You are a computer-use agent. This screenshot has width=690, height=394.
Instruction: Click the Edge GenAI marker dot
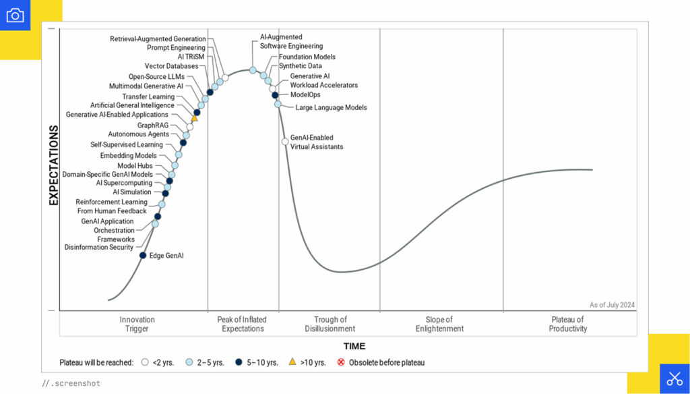[143, 255]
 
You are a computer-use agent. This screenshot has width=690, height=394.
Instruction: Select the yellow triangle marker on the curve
[194, 119]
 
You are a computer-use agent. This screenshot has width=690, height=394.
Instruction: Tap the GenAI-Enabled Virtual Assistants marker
[285, 142]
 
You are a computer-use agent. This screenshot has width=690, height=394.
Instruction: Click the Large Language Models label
[332, 107]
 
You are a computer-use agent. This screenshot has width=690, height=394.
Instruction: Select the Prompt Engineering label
[176, 48]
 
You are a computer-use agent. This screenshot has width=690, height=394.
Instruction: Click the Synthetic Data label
[301, 66]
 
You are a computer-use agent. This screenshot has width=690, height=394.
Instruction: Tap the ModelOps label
[305, 95]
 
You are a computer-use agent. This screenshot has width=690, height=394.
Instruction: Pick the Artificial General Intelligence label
[132, 105]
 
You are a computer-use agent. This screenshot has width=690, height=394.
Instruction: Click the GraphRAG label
[152, 125]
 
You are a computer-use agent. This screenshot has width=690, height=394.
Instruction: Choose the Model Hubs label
[135, 165]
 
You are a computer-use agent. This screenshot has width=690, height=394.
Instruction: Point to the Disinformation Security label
[98, 248]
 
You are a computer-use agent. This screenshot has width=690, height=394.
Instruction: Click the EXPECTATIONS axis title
[54, 165]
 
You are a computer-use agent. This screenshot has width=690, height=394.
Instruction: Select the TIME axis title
[354, 346]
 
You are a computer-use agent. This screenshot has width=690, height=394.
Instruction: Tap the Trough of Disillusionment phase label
[330, 325]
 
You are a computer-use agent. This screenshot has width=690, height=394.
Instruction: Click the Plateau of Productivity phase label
[568, 325]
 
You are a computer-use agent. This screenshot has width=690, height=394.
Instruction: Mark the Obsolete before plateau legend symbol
[341, 362]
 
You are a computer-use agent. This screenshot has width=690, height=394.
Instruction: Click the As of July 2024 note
[613, 305]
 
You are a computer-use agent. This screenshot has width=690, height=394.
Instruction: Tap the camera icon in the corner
[15, 15]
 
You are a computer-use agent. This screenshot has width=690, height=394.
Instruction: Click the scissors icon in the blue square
[675, 378]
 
